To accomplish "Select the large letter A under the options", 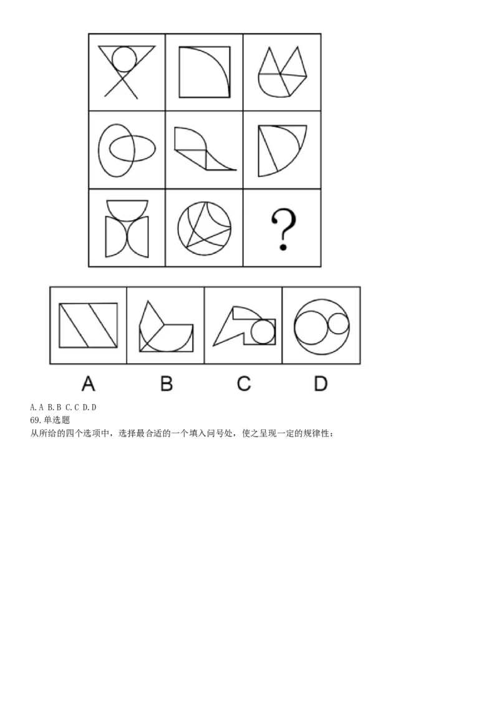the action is (89, 384).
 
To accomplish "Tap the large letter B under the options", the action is (166, 384).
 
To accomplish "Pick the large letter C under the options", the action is (244, 384).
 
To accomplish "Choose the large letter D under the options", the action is (321, 384).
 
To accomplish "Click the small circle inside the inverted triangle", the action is (124, 59).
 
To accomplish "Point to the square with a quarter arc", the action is (205, 72).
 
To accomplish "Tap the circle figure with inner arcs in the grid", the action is (205, 228).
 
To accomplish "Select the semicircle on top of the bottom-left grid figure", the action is (127, 208).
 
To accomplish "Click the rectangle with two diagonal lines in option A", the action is (89, 325).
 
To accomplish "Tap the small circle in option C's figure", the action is (263, 332).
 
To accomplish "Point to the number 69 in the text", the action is (35, 420).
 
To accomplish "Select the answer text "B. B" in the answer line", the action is (54, 407).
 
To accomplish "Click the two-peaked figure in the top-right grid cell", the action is (283, 72).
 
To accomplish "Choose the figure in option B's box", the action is (166, 326).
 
